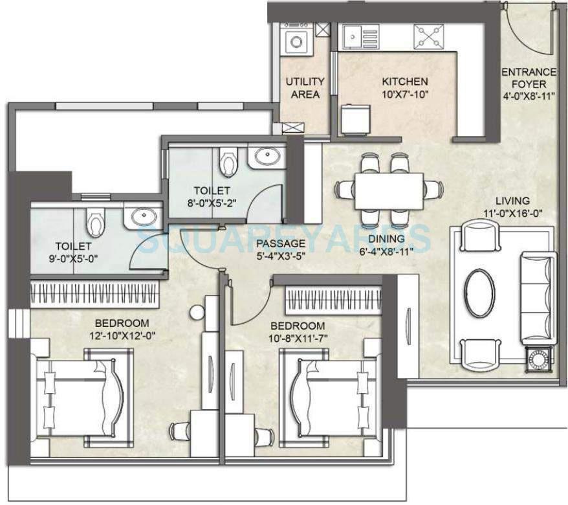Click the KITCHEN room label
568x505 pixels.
[404, 82]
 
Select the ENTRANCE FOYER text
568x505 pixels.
[529, 78]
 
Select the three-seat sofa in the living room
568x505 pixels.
[536, 299]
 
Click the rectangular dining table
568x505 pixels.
[389, 190]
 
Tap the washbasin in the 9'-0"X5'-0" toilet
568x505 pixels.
[137, 218]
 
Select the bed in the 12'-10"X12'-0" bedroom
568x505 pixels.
[78, 392]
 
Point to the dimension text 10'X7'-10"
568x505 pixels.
[404, 95]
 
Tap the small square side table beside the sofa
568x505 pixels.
[538, 356]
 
